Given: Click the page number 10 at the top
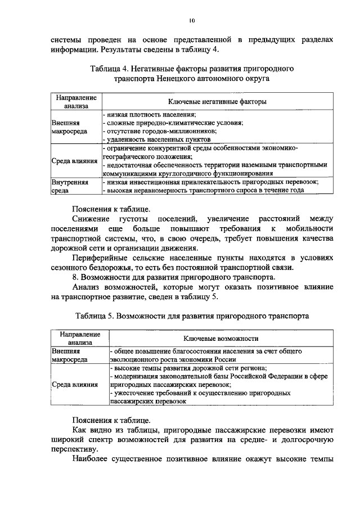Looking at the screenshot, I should (192, 21).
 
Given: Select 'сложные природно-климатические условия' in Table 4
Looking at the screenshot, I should (173, 122).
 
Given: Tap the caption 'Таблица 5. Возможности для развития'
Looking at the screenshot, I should (191, 316).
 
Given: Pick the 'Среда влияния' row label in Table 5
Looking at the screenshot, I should (74, 385).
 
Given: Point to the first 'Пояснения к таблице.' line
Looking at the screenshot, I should (111, 206).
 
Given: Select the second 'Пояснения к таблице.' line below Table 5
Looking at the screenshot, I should (111, 420).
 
